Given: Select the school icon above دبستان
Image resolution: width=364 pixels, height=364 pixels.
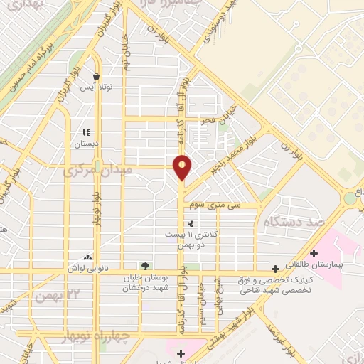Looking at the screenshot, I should click(87, 132).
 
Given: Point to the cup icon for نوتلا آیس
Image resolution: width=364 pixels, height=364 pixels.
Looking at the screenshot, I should click(96, 77).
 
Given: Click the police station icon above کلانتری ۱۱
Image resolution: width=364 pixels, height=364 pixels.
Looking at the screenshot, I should click(190, 225).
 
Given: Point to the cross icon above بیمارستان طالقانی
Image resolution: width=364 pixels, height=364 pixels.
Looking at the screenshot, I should click(314, 252).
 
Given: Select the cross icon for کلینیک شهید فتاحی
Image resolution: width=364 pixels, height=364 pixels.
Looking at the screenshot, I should click(275, 269).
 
